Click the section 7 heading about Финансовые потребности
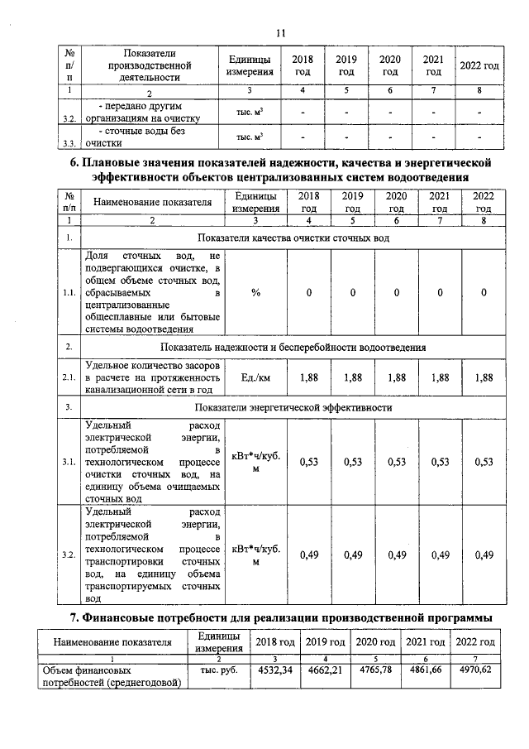[280, 617]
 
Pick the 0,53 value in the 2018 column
[308, 462]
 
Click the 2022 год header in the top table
[479, 65]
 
